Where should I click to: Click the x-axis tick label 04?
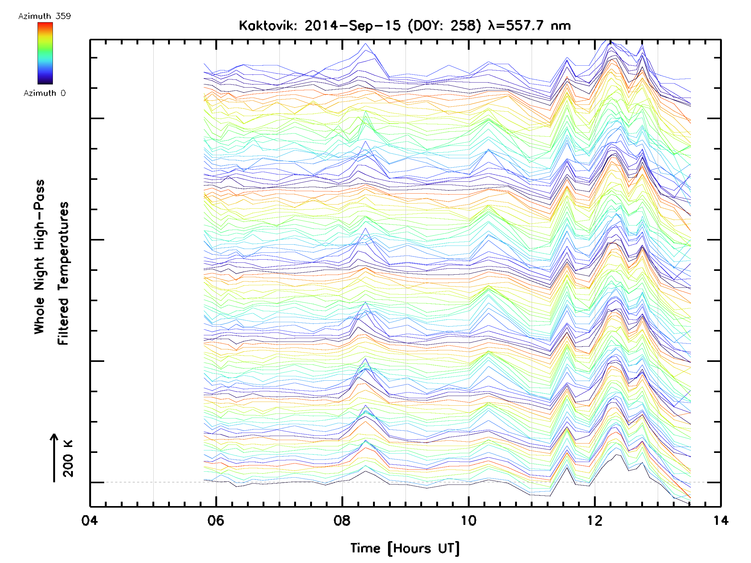[89, 520]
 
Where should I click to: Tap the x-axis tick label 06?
[216, 520]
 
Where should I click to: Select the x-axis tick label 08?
[342, 520]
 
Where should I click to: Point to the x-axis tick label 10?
[468, 520]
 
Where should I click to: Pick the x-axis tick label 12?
[595, 520]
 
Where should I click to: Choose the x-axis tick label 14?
[721, 520]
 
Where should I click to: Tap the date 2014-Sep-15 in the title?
[352, 26]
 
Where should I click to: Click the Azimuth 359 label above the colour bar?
[44, 16]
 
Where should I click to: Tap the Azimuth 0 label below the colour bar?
[44, 93]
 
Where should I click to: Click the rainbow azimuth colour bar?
[45, 53]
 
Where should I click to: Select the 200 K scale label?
[68, 459]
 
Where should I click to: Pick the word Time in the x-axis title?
[365, 548]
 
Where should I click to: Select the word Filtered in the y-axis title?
[63, 321]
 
